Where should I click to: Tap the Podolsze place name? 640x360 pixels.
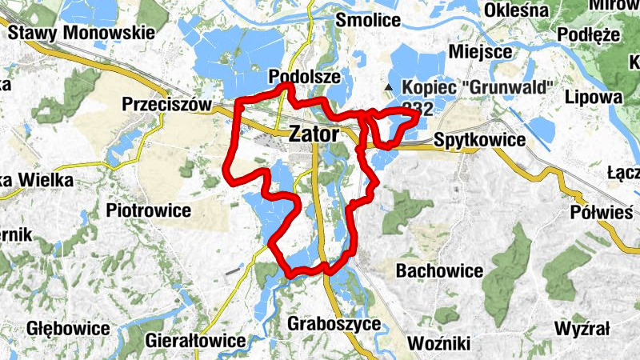point(306,77)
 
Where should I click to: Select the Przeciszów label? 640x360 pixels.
point(166,105)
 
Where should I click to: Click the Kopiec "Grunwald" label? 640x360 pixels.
point(478,86)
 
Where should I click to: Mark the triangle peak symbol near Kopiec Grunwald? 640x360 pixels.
point(389,86)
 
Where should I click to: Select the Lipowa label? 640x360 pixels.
point(593,96)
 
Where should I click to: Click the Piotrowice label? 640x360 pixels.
point(148,211)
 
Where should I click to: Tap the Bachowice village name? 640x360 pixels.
point(439,271)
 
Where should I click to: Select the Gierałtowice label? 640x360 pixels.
point(195,341)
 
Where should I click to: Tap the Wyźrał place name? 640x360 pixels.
point(582,329)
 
